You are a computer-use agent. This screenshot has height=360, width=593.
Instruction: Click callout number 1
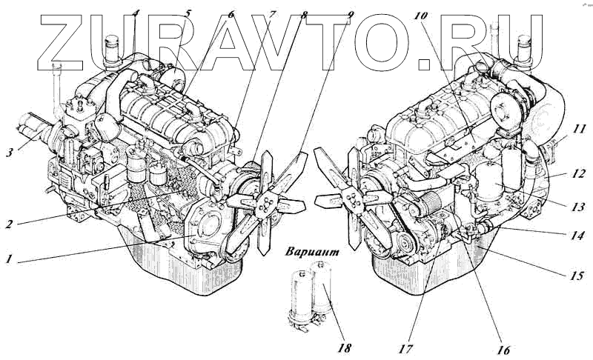[10, 259]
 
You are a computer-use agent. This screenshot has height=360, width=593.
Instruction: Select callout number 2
[9, 224]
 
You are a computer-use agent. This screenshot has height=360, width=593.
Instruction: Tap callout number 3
[10, 153]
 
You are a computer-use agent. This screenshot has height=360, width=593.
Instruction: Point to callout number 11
[579, 129]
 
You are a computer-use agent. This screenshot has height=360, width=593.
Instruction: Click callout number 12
[579, 176]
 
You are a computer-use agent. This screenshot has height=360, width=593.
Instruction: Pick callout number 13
[578, 207]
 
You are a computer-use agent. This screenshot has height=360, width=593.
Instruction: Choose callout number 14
[578, 236]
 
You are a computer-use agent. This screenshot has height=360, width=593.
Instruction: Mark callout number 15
[577, 276]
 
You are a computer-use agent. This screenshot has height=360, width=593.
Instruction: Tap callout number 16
[503, 350]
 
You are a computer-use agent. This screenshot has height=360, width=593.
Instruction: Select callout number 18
[343, 347]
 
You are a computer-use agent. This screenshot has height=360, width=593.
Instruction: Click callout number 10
[420, 16]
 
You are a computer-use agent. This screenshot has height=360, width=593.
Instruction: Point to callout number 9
[350, 15]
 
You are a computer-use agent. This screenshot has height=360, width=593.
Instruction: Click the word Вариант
[312, 252]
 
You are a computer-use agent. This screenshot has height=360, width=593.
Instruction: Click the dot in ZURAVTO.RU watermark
[424, 64]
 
